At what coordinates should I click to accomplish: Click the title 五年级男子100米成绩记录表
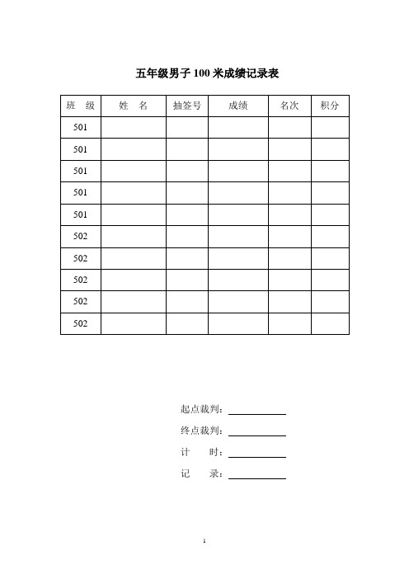206,74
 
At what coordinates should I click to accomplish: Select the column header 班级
81,106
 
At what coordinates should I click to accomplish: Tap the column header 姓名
133,106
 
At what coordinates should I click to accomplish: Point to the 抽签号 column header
186,106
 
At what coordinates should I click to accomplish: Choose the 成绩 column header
237,106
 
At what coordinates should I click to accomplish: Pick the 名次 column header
289,106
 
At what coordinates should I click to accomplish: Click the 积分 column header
330,106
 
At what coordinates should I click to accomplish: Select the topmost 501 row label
81,128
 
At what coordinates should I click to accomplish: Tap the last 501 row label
81,214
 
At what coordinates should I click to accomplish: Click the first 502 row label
81,236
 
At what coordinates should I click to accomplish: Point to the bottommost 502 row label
81,323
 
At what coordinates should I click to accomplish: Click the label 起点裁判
200,409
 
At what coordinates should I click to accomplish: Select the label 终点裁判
200,431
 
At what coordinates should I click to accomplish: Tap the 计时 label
200,452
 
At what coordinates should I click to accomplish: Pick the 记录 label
200,474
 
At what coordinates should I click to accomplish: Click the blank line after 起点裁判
257,412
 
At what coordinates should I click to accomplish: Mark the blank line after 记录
257,478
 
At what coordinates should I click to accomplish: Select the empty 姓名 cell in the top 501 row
133,128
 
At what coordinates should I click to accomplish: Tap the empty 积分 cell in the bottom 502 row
330,323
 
